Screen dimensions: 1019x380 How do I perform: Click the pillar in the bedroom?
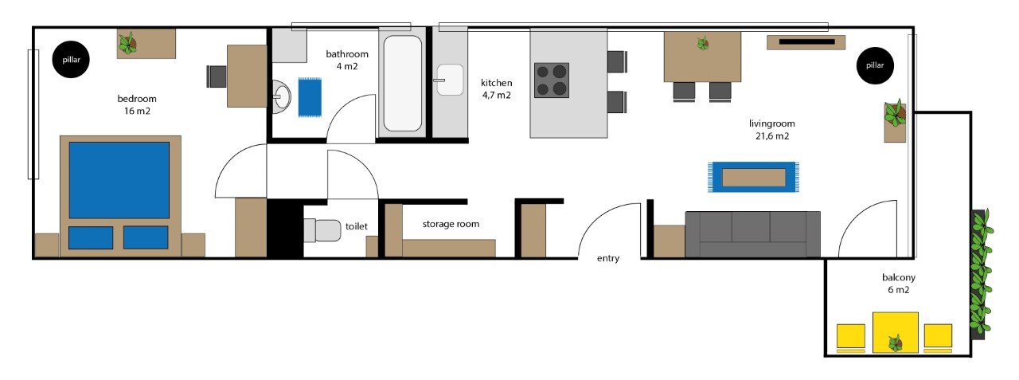(71, 59)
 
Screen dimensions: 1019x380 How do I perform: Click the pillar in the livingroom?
(875, 65)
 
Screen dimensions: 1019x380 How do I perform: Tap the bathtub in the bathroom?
(403, 84)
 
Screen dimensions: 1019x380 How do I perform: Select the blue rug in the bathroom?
(310, 97)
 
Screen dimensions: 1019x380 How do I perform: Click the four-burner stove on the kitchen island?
(552, 80)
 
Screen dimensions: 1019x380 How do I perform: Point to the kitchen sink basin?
(450, 80)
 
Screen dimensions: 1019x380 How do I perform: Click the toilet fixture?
(322, 230)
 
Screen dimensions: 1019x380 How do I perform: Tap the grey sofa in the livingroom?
(753, 234)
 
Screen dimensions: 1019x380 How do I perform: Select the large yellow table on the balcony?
(896, 332)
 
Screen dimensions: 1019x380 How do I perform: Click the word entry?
(608, 258)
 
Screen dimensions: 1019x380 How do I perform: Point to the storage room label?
(451, 224)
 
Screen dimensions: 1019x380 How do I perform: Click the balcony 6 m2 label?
(899, 284)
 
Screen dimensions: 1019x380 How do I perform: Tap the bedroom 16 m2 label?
(137, 104)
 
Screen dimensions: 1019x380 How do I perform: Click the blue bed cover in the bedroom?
(119, 180)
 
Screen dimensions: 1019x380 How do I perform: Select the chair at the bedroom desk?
(217, 76)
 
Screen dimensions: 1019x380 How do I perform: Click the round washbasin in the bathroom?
(282, 95)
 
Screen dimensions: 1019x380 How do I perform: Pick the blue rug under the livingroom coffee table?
(753, 177)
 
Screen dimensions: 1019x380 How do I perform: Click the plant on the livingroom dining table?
(703, 43)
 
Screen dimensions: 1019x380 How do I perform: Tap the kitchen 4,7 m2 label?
(496, 88)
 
